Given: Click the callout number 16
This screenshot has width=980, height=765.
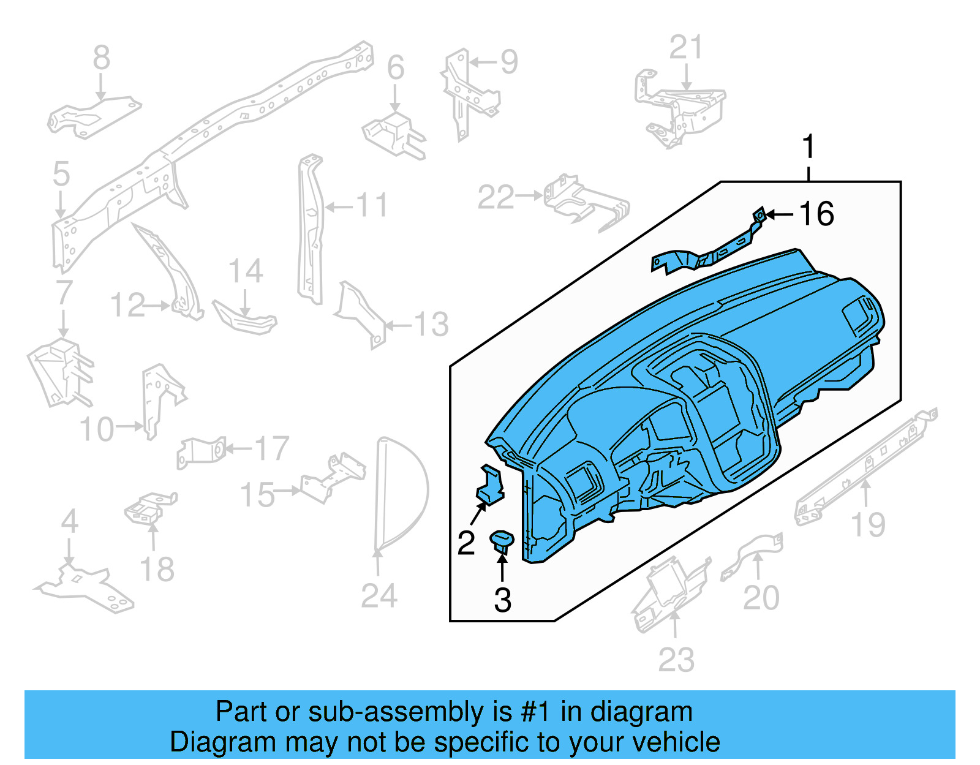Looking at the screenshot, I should (x=816, y=214).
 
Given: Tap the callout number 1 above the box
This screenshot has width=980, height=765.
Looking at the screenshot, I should (x=809, y=147).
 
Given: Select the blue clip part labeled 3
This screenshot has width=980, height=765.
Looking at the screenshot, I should (x=502, y=541).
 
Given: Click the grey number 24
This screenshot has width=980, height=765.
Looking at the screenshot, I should (x=379, y=595).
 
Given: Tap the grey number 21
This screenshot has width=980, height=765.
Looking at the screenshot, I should (x=686, y=47).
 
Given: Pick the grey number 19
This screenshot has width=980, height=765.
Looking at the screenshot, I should (x=868, y=525).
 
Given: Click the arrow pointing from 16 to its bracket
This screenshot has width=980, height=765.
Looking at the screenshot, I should (x=780, y=214).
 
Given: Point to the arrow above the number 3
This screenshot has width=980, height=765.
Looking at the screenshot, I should (x=502, y=566).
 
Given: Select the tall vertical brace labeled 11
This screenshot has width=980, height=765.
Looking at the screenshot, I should (x=311, y=230).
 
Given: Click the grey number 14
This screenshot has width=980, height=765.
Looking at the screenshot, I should (x=245, y=271).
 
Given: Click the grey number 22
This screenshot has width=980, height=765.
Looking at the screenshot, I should (x=496, y=197).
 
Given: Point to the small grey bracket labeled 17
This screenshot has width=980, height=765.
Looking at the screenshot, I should (x=200, y=452).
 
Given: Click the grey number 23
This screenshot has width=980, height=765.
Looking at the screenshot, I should (x=676, y=660).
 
